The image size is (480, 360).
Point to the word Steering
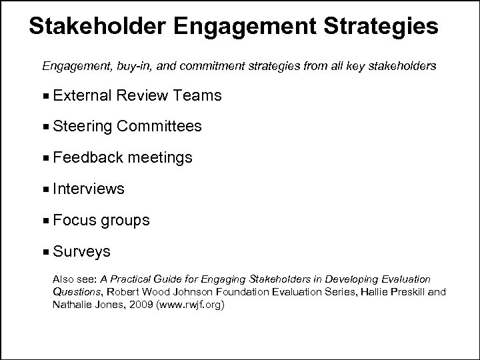(x=81, y=127)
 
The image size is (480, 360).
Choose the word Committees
(x=159, y=127)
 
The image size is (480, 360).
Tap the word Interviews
(x=89, y=189)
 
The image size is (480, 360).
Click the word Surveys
(x=82, y=252)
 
